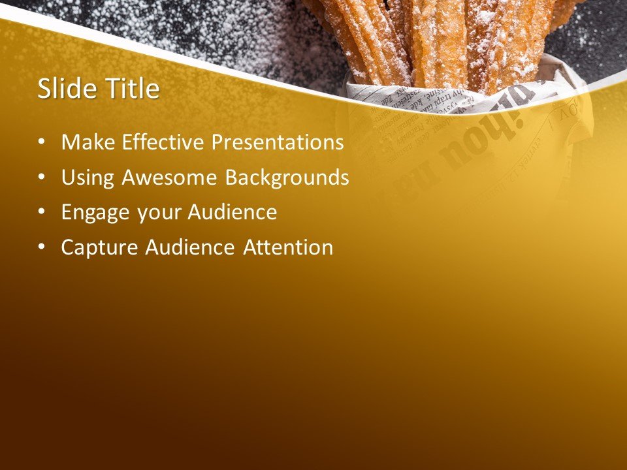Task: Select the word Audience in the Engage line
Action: coord(233,213)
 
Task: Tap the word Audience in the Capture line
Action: coord(189,247)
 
